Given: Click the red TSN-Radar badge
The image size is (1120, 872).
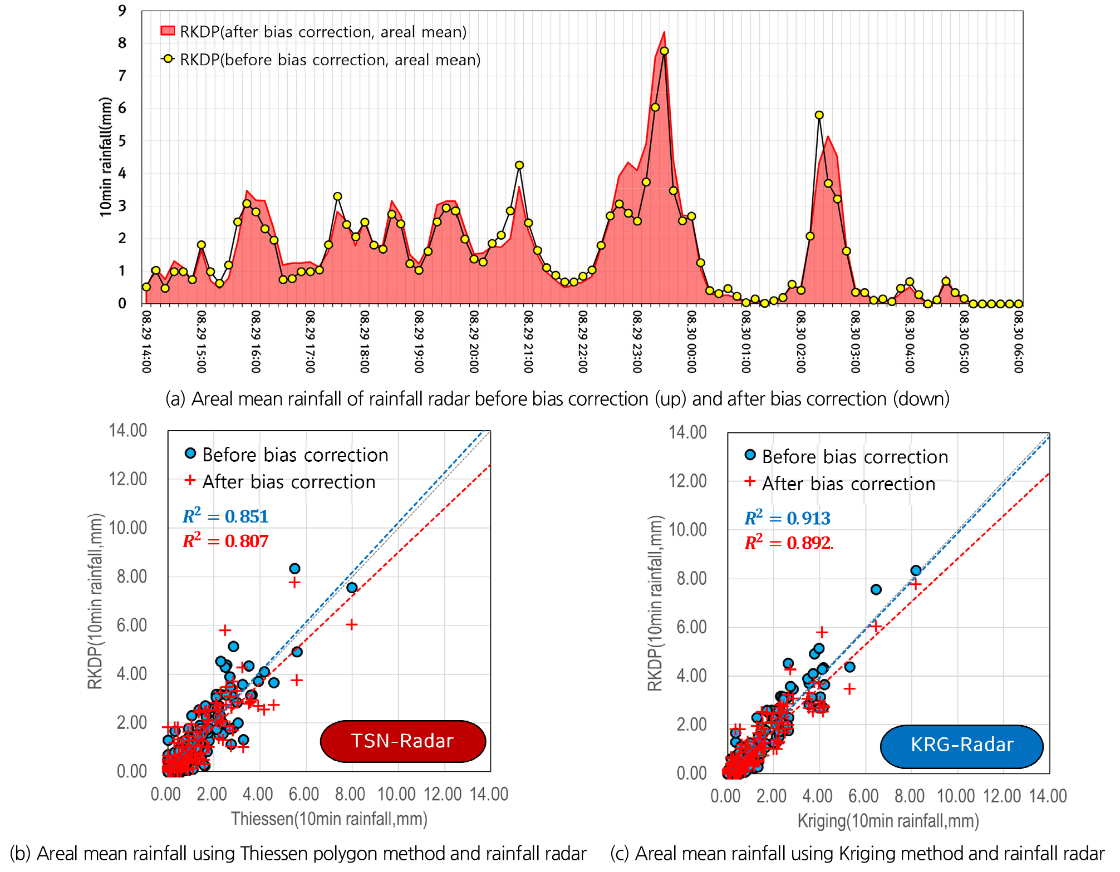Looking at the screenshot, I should [x=402, y=741].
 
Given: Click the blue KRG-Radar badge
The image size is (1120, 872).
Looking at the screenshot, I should [x=961, y=745].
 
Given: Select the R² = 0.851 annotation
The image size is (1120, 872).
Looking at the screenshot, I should [x=225, y=516].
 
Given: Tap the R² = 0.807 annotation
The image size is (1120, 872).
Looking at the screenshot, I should [x=225, y=541].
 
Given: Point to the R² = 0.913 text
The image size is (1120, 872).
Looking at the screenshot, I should [x=787, y=518].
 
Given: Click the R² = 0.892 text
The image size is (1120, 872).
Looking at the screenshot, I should [x=788, y=543].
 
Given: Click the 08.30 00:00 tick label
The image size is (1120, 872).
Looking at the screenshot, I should [x=691, y=341].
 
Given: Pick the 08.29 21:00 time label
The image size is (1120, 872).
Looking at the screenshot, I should [x=528, y=341].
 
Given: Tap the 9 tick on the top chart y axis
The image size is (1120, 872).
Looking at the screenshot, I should [x=122, y=11].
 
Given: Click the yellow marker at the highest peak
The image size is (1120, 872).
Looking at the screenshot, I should [x=664, y=51].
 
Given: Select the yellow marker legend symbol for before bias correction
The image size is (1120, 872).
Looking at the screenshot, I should [x=168, y=59].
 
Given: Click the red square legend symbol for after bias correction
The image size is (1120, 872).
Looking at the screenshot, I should [x=168, y=31].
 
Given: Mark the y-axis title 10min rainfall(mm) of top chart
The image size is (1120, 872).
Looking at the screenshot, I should [x=105, y=157].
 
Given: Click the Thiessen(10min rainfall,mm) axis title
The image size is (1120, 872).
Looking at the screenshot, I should [x=329, y=819].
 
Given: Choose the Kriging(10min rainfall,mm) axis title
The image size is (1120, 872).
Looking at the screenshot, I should [x=888, y=821].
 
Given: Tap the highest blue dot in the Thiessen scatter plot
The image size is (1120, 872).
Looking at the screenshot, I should [x=294, y=568].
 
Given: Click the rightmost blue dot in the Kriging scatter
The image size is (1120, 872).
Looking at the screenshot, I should [x=916, y=570].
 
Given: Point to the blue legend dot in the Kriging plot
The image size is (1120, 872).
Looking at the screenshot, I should [x=750, y=455].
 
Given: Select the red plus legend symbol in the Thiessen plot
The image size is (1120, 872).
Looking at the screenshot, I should [x=190, y=480].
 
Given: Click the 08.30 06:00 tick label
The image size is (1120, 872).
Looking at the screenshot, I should [x=1018, y=341].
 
